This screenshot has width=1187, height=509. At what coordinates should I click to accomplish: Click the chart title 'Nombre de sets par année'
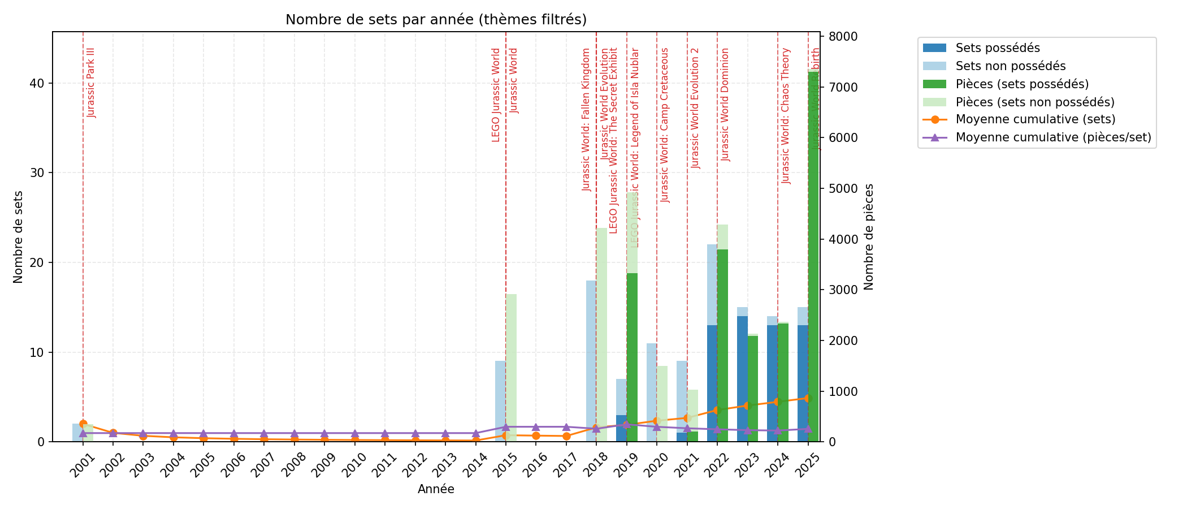click(436, 20)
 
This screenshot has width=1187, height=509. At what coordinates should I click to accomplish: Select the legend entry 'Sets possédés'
click(998, 48)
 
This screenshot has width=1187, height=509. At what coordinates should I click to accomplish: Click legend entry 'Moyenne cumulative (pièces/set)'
click(1053, 137)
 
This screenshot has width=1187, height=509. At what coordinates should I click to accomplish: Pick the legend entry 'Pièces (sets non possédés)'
click(1035, 102)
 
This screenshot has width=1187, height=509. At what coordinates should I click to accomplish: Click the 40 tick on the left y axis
click(38, 83)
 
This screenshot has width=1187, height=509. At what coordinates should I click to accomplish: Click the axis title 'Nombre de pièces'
click(869, 236)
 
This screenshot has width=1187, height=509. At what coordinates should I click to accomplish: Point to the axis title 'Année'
click(436, 490)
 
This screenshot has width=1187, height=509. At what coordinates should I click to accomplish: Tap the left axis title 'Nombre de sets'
click(18, 236)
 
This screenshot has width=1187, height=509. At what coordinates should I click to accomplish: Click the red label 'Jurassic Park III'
click(92, 83)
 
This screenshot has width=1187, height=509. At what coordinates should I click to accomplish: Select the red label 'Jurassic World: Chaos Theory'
click(786, 115)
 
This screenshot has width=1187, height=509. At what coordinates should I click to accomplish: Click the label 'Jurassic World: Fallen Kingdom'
click(587, 119)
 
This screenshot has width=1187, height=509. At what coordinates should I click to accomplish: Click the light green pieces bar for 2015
click(511, 368)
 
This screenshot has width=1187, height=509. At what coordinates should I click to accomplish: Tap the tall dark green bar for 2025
click(813, 255)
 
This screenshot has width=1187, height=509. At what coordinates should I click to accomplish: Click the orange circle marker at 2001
click(83, 424)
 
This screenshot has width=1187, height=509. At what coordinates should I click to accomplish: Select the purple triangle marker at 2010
click(355, 433)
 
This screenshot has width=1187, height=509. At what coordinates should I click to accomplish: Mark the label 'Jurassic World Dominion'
click(726, 104)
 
